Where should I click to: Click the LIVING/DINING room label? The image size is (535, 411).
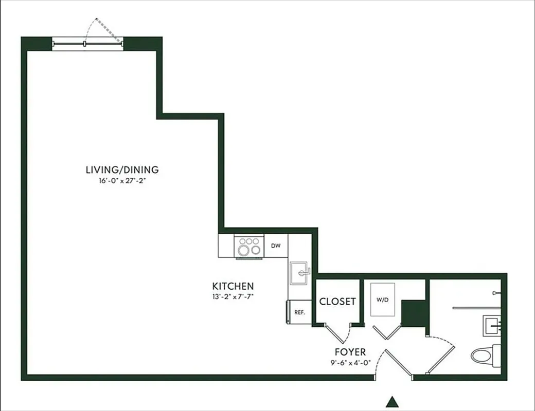(x=122, y=170)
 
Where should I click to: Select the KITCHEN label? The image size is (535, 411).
(x=233, y=286)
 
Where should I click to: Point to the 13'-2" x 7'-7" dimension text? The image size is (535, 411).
(x=233, y=296)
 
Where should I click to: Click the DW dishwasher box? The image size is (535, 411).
(x=276, y=246)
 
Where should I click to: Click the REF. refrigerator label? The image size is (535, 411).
(x=299, y=312)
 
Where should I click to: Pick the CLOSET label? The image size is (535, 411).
(x=337, y=302)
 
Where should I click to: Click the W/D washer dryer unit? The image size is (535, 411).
(x=382, y=299)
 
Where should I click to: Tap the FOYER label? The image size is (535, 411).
(x=350, y=352)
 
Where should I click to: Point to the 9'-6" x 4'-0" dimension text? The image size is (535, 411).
(x=350, y=362)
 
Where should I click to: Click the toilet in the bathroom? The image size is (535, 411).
(x=485, y=355)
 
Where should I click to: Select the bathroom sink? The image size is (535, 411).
(x=491, y=325)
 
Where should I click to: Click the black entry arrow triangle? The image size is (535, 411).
(x=393, y=401)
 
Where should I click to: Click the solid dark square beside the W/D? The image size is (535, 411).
(x=413, y=313)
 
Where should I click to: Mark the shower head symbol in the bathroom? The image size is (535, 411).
(x=495, y=292)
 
